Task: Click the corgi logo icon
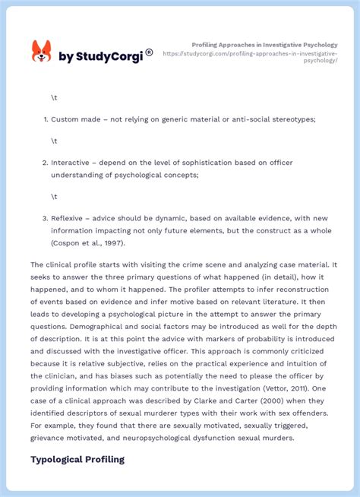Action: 41,52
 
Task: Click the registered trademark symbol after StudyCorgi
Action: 149,52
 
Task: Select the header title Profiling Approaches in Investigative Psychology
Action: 264,45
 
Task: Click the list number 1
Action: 45,119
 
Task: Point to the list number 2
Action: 45,163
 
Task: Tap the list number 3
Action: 45,218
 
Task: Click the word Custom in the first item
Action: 65,119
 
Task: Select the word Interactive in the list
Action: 71,163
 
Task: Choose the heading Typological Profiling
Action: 77,460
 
